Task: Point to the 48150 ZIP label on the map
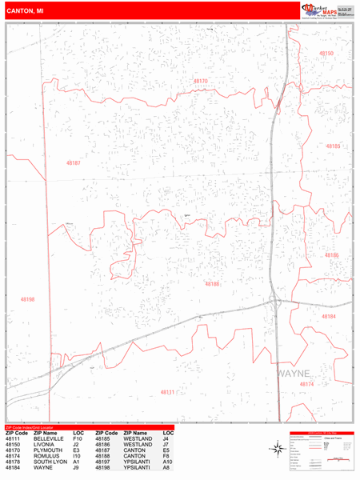pos(326,53)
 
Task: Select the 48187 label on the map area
pos(74,163)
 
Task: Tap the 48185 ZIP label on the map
pos(332,146)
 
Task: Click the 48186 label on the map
pos(331,255)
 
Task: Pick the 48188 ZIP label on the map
pos(212,284)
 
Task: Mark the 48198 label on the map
pos(28,299)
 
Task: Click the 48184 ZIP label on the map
pos(329,316)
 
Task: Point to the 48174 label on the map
pos(306,384)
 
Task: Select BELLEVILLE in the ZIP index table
pos(49,439)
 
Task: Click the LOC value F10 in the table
pos(78,439)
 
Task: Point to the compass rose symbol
pos(278,450)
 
